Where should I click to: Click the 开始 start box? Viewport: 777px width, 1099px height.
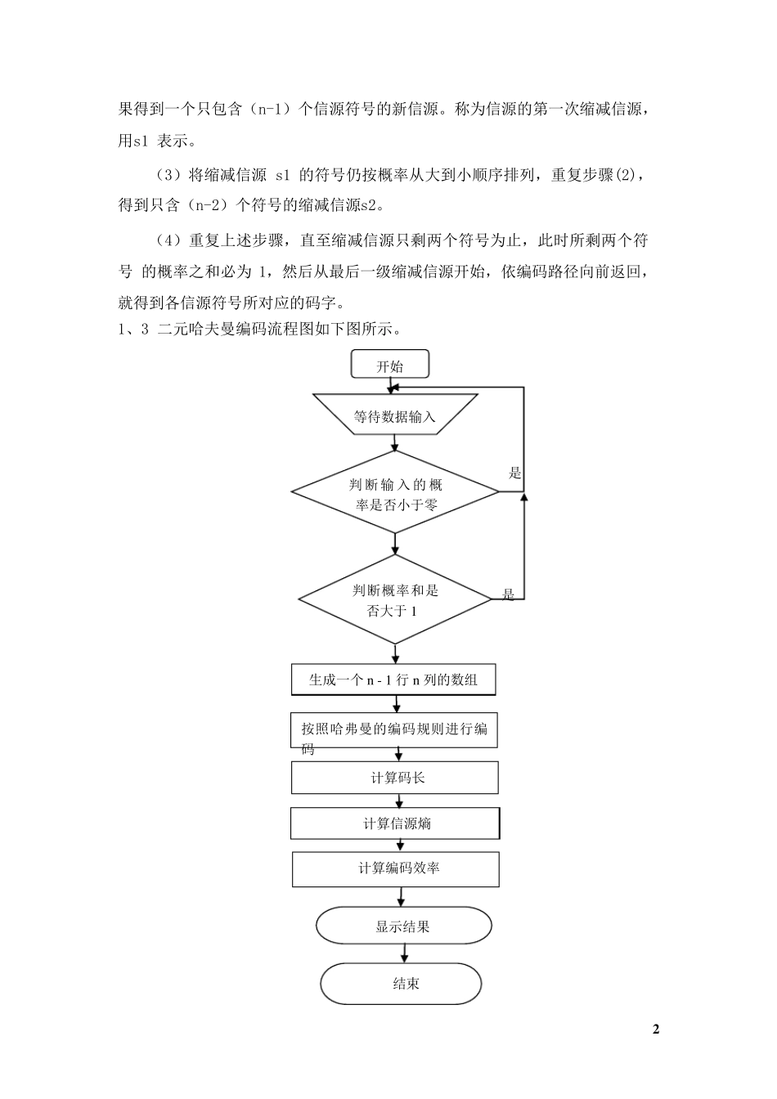[389, 365]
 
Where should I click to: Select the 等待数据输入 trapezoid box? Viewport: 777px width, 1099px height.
[395, 416]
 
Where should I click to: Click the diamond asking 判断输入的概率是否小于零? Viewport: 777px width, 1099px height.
[395, 493]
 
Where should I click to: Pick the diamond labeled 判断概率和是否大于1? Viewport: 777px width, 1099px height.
[395, 600]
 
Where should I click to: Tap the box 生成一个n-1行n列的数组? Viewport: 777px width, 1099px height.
[393, 680]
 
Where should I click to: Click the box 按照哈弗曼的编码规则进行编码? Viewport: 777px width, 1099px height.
[394, 729]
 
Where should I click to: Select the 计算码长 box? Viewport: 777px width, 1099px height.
[395, 778]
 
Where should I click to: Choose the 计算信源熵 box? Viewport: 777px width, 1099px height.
[395, 823]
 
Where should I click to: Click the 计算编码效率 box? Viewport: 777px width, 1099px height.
[396, 869]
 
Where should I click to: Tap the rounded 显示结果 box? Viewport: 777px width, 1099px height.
[403, 926]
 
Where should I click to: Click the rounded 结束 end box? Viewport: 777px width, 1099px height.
[402, 984]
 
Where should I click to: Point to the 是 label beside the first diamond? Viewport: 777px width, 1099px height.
[515, 473]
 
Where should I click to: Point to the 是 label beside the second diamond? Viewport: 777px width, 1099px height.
[509, 594]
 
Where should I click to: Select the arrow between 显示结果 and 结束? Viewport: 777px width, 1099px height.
[403, 954]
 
